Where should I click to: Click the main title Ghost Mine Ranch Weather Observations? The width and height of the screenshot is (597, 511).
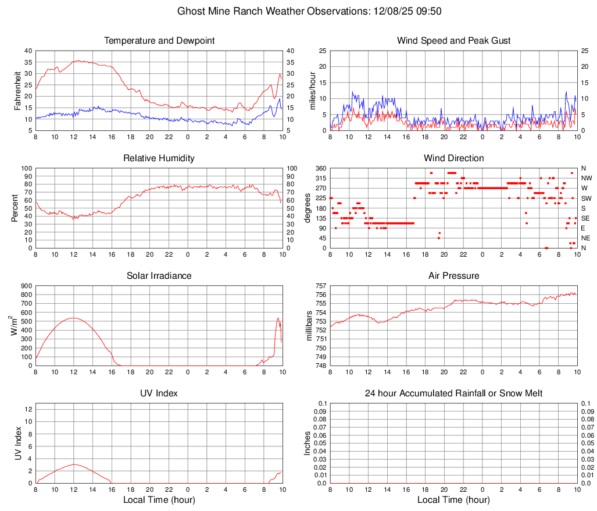pyautogui.click(x=298, y=11)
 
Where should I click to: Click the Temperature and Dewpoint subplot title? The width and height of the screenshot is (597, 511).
pyautogui.click(x=159, y=41)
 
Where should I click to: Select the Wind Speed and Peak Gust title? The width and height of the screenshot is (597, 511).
pyautogui.click(x=453, y=41)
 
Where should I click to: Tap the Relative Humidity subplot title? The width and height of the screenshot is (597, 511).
pyautogui.click(x=159, y=158)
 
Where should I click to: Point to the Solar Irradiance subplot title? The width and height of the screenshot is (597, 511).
pyautogui.click(x=159, y=276)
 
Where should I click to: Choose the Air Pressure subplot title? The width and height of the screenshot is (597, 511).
pyautogui.click(x=453, y=276)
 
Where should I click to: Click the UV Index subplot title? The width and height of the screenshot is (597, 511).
pyautogui.click(x=159, y=393)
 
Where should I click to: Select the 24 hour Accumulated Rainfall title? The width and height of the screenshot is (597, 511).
pyautogui.click(x=453, y=393)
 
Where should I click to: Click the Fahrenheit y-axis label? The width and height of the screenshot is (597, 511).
pyautogui.click(x=18, y=90)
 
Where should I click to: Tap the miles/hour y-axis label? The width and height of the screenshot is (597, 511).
pyautogui.click(x=312, y=90)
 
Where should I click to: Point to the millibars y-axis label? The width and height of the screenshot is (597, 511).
pyautogui.click(x=310, y=326)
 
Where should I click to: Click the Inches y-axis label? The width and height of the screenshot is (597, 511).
pyautogui.click(x=308, y=443)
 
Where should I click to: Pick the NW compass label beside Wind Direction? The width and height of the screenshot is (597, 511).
pyautogui.click(x=587, y=178)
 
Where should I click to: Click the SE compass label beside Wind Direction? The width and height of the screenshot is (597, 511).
pyautogui.click(x=586, y=218)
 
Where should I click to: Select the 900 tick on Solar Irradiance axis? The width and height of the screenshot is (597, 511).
pyautogui.click(x=26, y=286)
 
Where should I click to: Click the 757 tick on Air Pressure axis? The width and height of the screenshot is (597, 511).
pyautogui.click(x=320, y=286)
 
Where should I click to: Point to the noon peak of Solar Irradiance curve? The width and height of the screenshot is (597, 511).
pyautogui.click(x=74, y=318)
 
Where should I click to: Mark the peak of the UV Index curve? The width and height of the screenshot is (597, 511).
pyautogui.click(x=74, y=464)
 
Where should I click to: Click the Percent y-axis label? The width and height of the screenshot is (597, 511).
pyautogui.click(x=15, y=208)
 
